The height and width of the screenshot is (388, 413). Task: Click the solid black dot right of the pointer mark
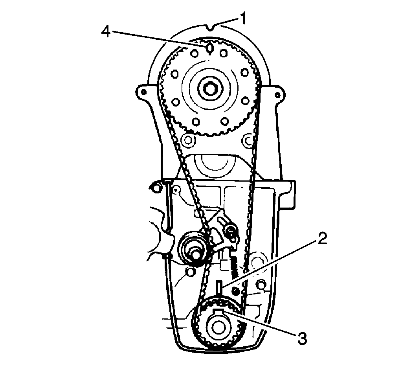click(x=236, y=290)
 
